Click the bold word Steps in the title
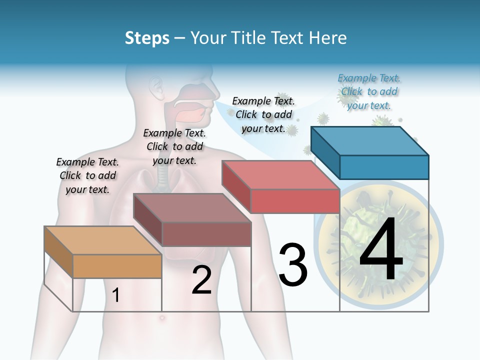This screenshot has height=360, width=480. click(x=146, y=38)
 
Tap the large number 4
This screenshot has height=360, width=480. click(x=381, y=250)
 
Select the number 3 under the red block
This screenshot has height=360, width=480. click(x=293, y=265)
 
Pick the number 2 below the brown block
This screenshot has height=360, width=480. click(x=201, y=280)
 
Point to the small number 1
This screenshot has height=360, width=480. click(x=115, y=295)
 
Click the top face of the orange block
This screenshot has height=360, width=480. click(x=102, y=240)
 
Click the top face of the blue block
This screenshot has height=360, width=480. click(x=370, y=140)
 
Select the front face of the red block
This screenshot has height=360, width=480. click(x=295, y=201)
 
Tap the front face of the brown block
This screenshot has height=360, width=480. click(x=206, y=234)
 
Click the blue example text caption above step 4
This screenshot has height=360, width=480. click(x=369, y=91)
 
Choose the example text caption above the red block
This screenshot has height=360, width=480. click(x=263, y=114)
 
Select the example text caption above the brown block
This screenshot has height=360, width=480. click(x=174, y=146)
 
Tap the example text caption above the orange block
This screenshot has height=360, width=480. click(x=87, y=175)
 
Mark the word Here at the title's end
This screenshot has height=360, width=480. click(x=329, y=38)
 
